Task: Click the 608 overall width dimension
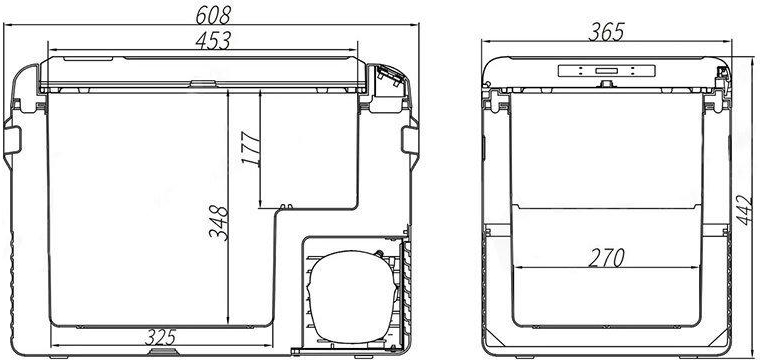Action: point(213,16)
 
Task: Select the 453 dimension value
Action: point(213,41)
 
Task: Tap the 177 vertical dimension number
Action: point(251,149)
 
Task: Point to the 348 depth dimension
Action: point(218,223)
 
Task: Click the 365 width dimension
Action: point(606,32)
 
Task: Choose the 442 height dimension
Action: point(745,210)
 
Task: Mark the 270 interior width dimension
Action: point(606,258)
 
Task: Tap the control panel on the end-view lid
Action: point(606,71)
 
